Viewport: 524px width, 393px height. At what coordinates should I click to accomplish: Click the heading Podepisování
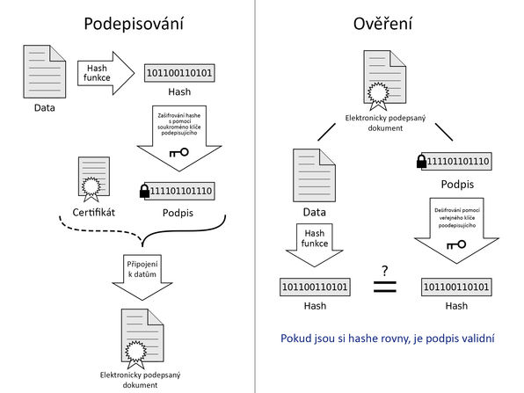[x=134, y=24]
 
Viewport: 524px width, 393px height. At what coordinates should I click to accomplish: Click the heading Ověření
[x=382, y=24]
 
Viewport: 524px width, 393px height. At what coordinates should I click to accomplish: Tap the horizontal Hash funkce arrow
[x=106, y=73]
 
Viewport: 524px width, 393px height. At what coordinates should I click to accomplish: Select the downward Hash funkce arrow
[x=315, y=245]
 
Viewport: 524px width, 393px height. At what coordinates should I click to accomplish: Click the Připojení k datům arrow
[x=142, y=277]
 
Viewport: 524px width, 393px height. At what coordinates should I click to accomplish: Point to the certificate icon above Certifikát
[x=93, y=179]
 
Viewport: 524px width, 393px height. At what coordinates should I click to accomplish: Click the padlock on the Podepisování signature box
[x=144, y=192]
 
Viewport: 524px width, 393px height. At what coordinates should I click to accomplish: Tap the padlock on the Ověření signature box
[x=421, y=161]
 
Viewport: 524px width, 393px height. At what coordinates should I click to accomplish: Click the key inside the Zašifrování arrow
[x=179, y=153]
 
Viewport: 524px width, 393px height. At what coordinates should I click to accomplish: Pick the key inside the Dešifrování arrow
[x=456, y=245]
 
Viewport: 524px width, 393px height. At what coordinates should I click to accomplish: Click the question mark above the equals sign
[x=385, y=271]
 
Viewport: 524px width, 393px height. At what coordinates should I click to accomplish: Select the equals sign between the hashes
[x=384, y=287]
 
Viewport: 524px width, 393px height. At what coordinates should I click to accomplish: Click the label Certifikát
[x=93, y=213]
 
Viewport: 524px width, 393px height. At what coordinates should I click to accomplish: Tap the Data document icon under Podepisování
[x=45, y=71]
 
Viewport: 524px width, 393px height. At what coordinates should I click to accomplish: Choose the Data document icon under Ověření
[x=314, y=175]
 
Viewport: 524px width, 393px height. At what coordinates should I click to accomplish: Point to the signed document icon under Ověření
[x=385, y=80]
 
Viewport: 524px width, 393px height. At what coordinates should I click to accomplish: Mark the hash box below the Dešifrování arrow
[x=456, y=287]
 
